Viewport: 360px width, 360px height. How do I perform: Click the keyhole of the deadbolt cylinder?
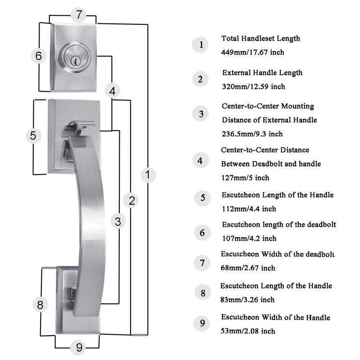75,62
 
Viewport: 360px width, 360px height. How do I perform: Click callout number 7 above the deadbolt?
78,15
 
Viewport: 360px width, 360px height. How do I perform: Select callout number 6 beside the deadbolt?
39,56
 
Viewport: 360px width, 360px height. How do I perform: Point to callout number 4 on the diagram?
112,91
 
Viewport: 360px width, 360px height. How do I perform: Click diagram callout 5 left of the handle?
33,135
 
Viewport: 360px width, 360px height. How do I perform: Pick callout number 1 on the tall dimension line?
148,175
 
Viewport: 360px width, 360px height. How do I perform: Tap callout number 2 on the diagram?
130,200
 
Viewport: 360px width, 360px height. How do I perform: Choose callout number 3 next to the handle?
118,221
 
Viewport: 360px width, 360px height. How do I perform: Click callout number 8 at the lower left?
40,305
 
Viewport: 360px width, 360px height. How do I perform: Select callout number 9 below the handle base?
79,347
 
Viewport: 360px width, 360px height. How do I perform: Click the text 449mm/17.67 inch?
252,52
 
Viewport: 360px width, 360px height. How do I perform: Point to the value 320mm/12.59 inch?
253,86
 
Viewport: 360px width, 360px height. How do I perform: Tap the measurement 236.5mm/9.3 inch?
252,134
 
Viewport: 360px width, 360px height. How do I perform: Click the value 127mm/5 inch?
245,178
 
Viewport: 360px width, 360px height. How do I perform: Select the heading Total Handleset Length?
261,38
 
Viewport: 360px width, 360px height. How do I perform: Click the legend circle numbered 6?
202,233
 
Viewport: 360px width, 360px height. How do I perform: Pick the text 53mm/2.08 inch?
248,331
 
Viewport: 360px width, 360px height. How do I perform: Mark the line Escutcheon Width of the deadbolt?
278,254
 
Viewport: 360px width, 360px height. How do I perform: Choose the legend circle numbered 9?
202,323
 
